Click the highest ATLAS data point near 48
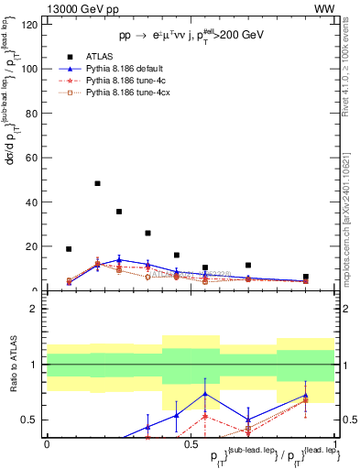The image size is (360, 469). coord(97,183)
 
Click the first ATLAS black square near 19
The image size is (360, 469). coord(69,248)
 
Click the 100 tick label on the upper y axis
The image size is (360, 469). coord(27,69)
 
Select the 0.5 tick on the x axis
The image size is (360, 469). coord(190,443)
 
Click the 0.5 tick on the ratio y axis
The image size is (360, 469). coord(27,420)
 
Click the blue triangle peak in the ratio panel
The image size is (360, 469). coord(205,394)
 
